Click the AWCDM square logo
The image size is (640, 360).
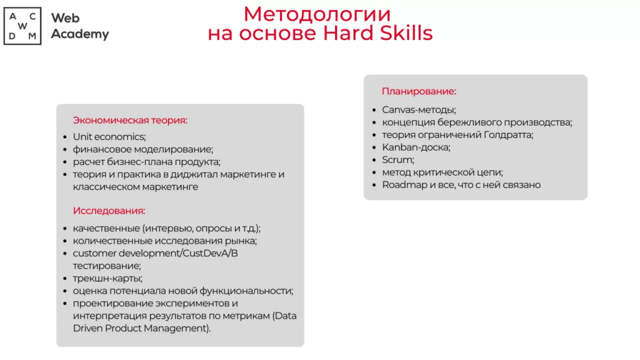click(x=22, y=26)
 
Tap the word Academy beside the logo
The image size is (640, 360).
click(x=80, y=34)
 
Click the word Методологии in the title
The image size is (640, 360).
click(x=317, y=14)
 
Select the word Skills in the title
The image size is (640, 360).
click(x=406, y=32)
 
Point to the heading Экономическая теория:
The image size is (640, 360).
click(x=130, y=121)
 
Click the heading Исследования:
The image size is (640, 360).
click(x=109, y=211)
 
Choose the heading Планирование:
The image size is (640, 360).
click(x=419, y=91)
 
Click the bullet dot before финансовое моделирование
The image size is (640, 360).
click(x=65, y=150)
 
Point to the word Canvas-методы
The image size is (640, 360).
click(x=418, y=110)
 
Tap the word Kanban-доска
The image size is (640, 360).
click(x=415, y=147)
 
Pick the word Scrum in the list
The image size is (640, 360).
click(x=397, y=160)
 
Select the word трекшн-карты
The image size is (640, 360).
click(x=107, y=278)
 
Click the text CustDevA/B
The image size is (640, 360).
click(x=210, y=253)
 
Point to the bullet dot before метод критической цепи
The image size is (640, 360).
click(x=374, y=172)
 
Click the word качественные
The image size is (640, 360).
click(x=106, y=228)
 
